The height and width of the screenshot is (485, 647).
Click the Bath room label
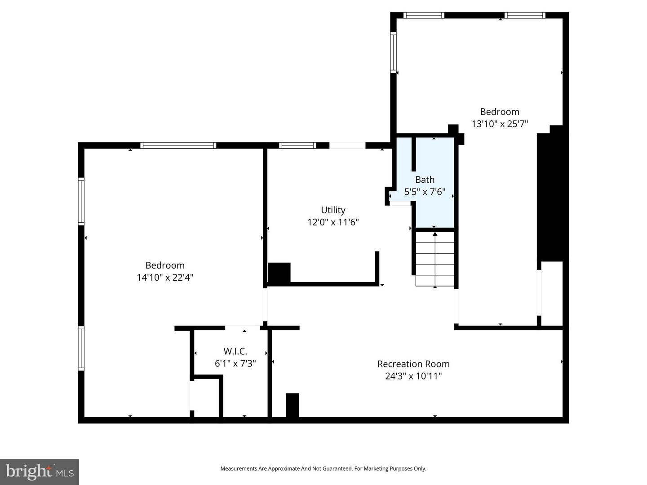[x=425, y=180]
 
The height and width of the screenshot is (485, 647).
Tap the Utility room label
[x=333, y=210]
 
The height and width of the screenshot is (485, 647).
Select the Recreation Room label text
[x=413, y=364]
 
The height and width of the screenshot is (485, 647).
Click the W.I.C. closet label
[x=235, y=352]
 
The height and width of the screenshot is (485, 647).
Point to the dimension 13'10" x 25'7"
[x=500, y=124]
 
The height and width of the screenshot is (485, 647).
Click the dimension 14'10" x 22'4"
[x=165, y=278]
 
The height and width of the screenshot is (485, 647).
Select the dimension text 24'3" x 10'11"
[x=413, y=376]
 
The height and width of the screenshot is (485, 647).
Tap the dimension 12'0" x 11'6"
[x=333, y=222]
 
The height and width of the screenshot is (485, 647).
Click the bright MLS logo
[x=40, y=472]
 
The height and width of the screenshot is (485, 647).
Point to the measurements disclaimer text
[x=323, y=468]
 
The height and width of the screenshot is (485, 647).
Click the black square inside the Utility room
[x=279, y=273]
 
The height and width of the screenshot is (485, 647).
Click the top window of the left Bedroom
[x=178, y=145]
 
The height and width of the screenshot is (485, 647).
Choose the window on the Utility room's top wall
[x=297, y=145]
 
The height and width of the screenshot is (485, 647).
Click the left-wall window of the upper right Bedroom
[x=394, y=52]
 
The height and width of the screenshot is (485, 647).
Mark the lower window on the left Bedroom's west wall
[x=81, y=348]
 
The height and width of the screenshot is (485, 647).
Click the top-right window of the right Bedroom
[x=524, y=15]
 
